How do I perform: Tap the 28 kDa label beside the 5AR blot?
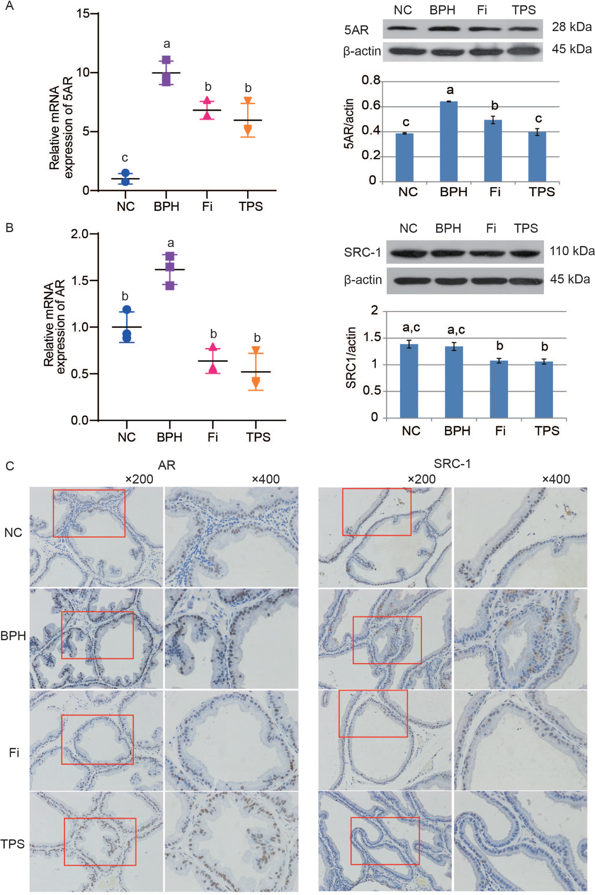click(x=571, y=27)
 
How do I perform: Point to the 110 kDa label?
click(x=572, y=251)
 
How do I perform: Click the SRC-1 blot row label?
click(x=362, y=252)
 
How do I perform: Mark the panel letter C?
click(x=10, y=466)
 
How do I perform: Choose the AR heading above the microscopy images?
click(x=167, y=465)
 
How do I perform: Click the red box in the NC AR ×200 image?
click(x=89, y=513)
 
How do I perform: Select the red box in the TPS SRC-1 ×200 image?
click(x=385, y=841)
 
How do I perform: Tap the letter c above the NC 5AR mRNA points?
click(x=125, y=158)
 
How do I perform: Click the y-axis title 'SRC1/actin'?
click(x=351, y=358)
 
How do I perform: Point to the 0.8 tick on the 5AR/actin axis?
click(x=371, y=80)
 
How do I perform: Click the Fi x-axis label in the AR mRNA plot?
click(x=212, y=437)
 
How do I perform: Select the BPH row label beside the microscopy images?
click(x=13, y=636)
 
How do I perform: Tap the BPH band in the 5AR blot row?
click(x=444, y=29)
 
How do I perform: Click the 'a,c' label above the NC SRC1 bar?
click(x=411, y=327)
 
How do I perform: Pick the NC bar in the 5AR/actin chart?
click(x=404, y=157)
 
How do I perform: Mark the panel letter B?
click(x=10, y=228)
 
